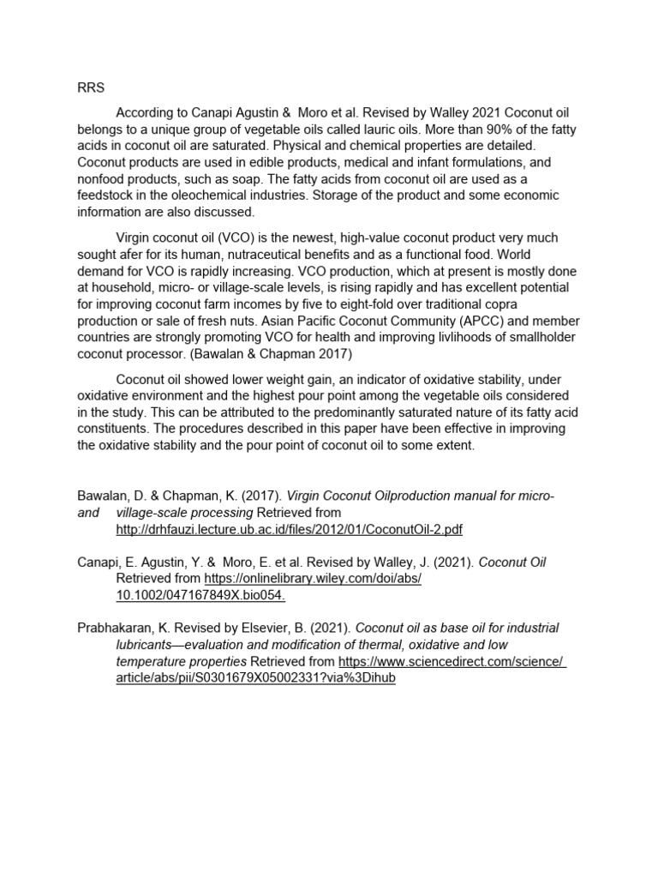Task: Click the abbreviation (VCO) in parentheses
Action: pyautogui.click(x=221, y=238)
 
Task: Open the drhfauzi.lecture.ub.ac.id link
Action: pyautogui.click(x=289, y=530)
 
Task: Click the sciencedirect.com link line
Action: pyautogui.click(x=452, y=661)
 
